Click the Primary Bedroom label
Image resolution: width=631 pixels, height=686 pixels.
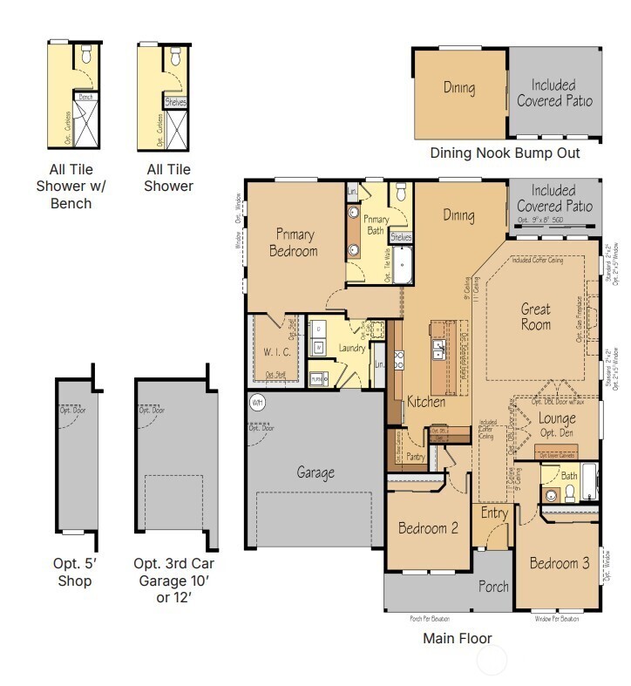pyautogui.click(x=295, y=242)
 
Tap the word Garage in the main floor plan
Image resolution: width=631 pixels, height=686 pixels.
pyautogui.click(x=315, y=472)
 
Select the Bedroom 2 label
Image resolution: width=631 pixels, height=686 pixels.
pyautogui.click(x=428, y=527)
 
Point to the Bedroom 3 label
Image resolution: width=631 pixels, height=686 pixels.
pyautogui.click(x=559, y=562)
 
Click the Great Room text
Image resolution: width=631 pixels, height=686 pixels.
pyautogui.click(x=536, y=316)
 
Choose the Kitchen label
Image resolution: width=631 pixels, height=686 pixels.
pyautogui.click(x=426, y=402)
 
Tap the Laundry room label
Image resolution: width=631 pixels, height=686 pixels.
pyautogui.click(x=351, y=349)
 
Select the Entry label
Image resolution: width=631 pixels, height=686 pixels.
pyautogui.click(x=494, y=513)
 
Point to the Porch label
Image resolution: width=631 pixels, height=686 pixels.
pyautogui.click(x=493, y=586)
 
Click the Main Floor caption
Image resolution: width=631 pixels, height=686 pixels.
pyautogui.click(x=457, y=638)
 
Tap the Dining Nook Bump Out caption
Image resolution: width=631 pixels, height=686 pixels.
pyautogui.click(x=505, y=153)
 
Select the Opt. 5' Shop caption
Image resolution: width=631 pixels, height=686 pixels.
pyautogui.click(x=74, y=573)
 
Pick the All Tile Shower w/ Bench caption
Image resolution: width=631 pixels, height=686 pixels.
pyautogui.click(x=70, y=187)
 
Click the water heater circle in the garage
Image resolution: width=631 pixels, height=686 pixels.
pyautogui.click(x=257, y=403)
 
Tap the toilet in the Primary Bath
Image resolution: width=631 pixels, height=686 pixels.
pyautogui.click(x=400, y=194)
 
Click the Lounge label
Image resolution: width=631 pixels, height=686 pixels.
pyautogui.click(x=557, y=418)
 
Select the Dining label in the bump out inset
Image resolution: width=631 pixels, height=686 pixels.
pyautogui.click(x=458, y=88)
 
